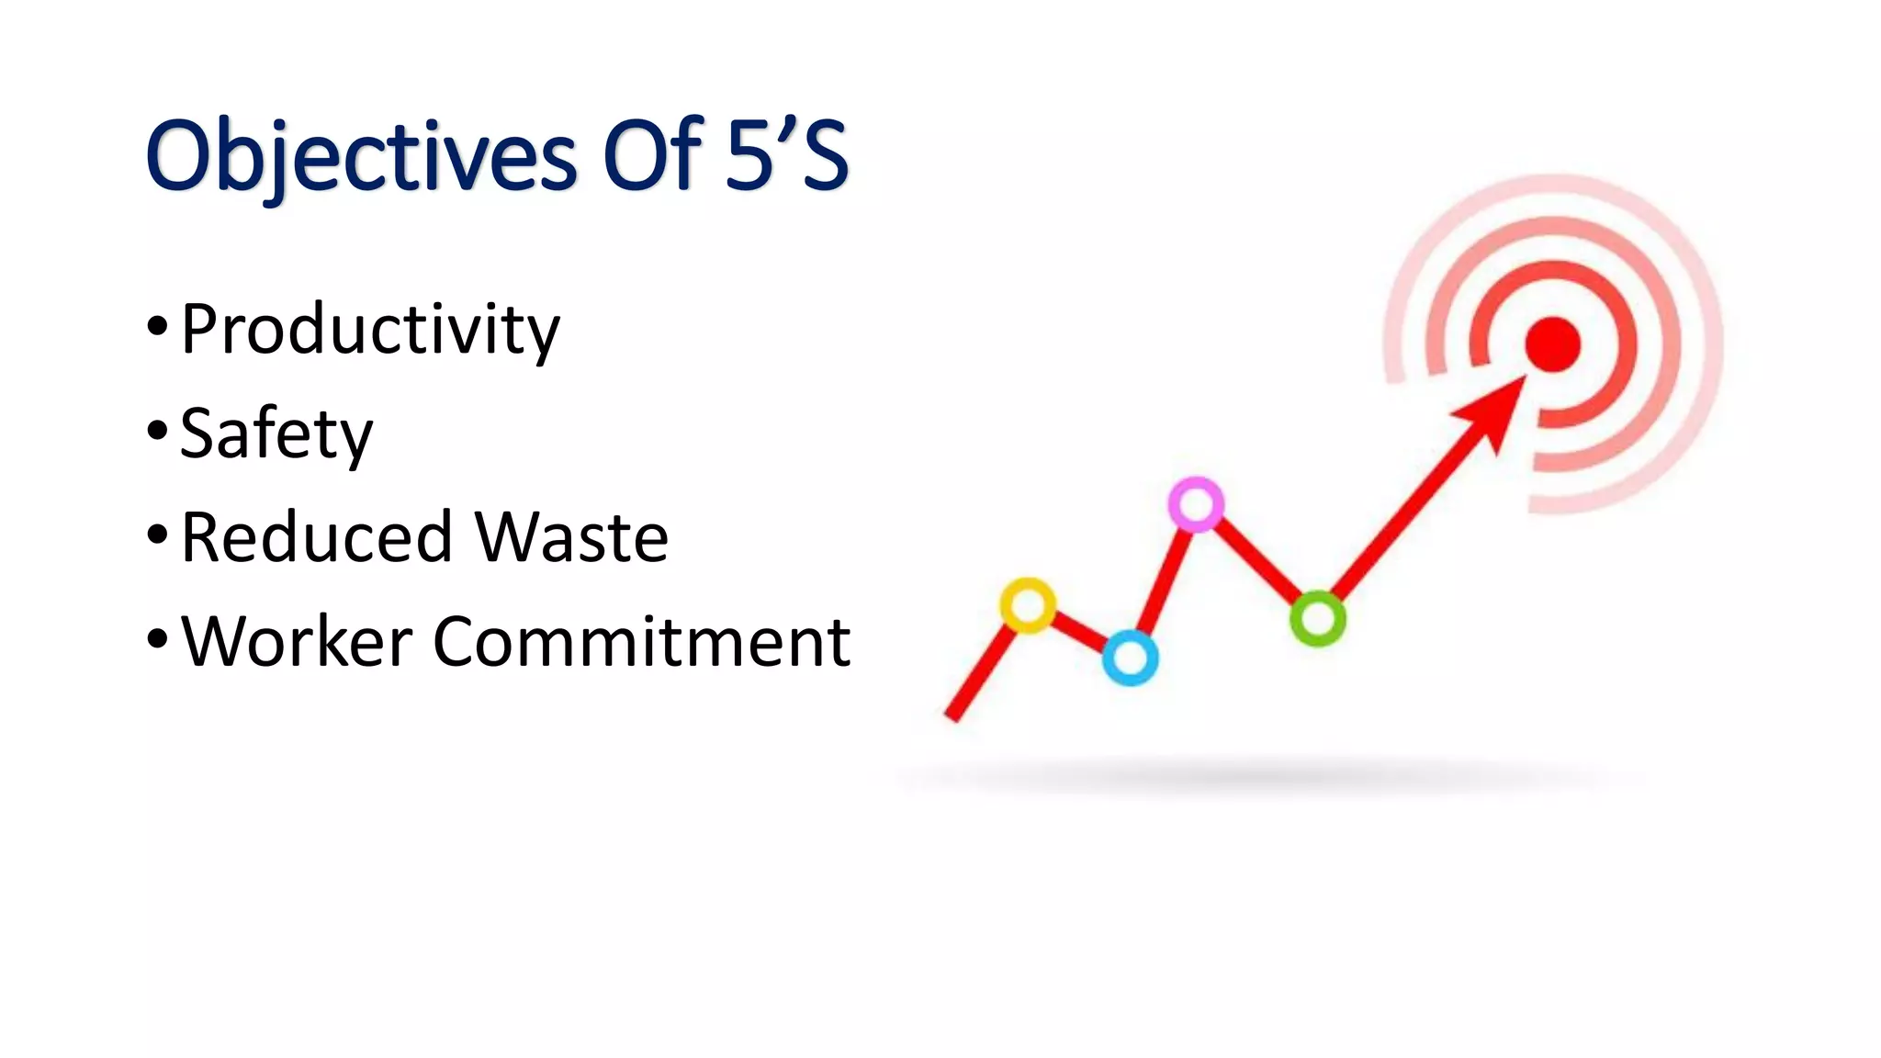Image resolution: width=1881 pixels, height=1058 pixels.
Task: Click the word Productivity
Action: [x=369, y=330]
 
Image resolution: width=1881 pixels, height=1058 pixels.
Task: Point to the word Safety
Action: [x=276, y=433]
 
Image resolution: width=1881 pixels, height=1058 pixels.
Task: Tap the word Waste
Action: [x=571, y=537]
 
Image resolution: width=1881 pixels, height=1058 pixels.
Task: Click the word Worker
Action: [x=297, y=641]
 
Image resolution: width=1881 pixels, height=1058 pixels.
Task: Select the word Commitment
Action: [x=641, y=641]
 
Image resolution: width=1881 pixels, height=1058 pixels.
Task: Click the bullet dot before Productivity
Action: [x=157, y=326]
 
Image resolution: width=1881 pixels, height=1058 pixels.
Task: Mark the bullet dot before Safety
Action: [x=157, y=430]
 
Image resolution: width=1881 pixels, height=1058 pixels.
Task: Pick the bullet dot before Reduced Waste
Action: [x=157, y=534]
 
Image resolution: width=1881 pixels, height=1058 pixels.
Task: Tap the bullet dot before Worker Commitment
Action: [x=157, y=637]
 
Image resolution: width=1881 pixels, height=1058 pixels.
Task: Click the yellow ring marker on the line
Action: [x=1028, y=605]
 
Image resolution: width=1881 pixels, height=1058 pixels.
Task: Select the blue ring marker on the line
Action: [x=1130, y=658]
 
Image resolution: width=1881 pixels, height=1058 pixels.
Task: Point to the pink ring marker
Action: [x=1196, y=503]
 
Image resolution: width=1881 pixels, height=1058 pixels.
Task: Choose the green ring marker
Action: [x=1318, y=618]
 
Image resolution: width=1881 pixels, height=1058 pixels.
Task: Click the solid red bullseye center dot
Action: [x=1552, y=344]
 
